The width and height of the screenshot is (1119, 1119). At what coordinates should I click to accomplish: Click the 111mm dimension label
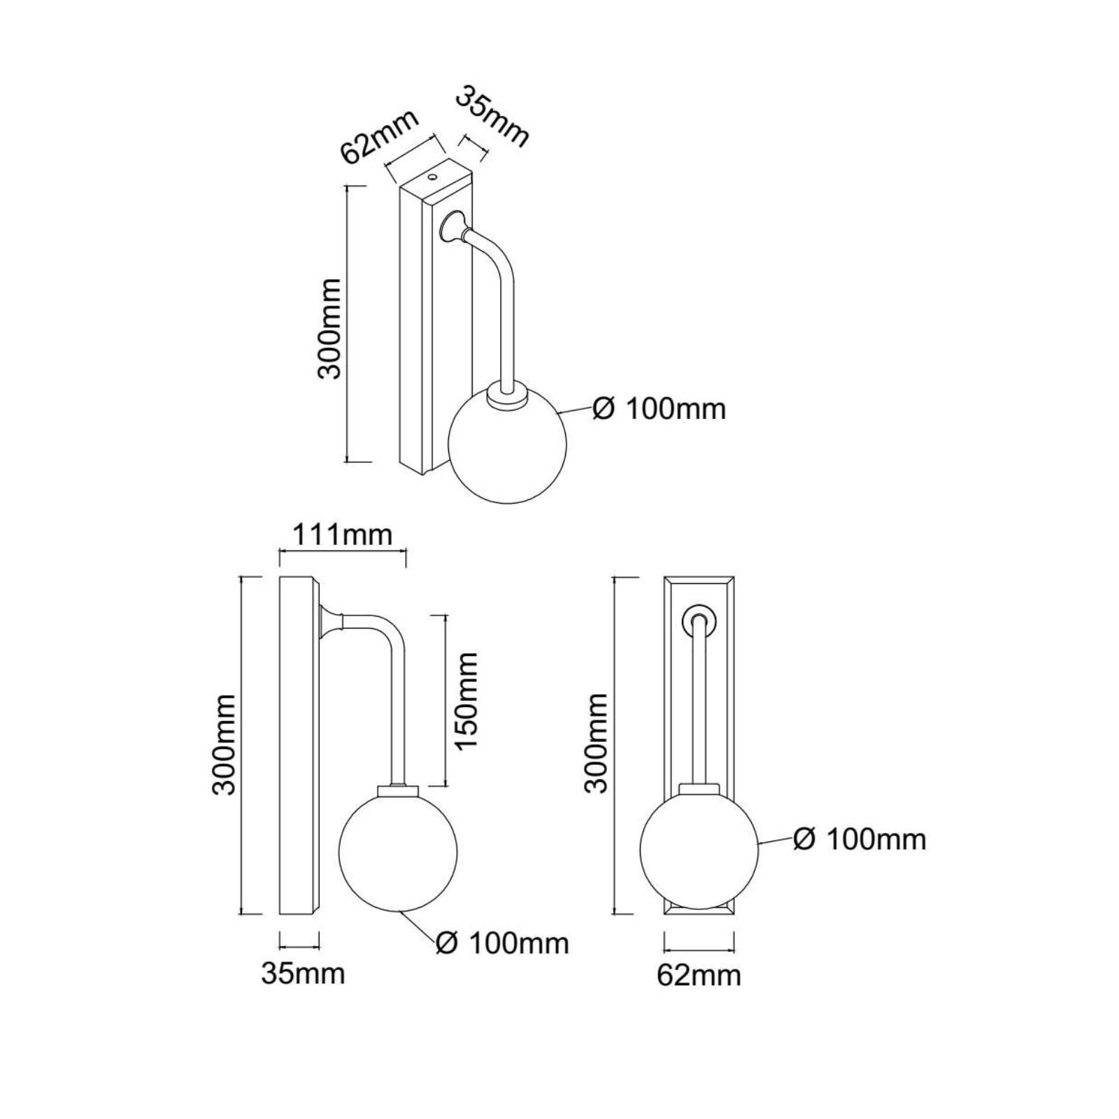pos(341,535)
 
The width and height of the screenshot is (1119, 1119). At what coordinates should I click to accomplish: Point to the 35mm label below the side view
pos(303,973)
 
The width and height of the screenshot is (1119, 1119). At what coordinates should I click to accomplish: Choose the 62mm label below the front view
pos(699,975)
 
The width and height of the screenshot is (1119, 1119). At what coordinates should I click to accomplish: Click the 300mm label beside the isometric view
pos(329,329)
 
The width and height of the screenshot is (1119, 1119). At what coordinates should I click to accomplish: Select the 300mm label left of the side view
pos(224,745)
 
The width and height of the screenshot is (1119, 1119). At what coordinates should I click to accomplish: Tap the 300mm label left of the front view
pos(596,743)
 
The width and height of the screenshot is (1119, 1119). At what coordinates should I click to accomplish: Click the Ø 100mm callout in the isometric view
pos(659,408)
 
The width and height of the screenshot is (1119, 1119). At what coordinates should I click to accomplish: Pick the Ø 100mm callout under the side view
pos(501,943)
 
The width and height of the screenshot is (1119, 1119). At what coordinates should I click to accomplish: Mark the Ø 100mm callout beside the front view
pos(860,839)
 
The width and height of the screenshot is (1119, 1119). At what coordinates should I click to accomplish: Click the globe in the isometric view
pos(507,448)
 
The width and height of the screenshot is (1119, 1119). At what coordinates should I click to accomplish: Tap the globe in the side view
pos(397,852)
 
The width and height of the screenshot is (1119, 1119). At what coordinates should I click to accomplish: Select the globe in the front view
pos(699,849)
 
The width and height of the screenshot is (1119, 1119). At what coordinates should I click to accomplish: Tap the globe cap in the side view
pos(397,790)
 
